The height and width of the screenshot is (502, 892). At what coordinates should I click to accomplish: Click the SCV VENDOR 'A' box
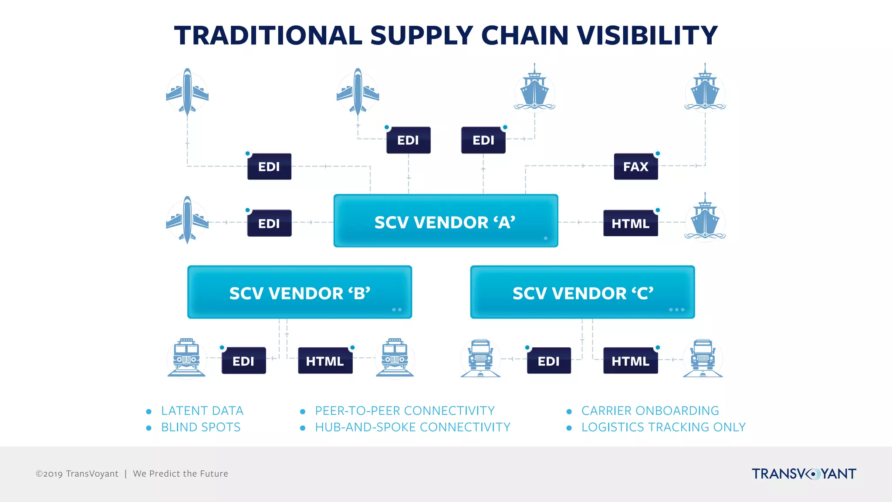[x=446, y=221]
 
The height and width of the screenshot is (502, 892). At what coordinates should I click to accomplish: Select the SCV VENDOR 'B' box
[x=300, y=292]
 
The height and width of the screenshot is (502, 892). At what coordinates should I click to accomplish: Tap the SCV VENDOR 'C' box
[x=582, y=292]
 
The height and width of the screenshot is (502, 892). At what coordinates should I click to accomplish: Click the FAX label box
[x=635, y=166]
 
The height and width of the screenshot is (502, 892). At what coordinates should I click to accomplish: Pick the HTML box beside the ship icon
[x=630, y=223]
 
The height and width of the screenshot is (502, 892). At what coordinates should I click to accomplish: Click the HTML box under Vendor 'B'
[x=325, y=361]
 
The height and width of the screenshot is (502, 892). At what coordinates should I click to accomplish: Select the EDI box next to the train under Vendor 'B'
[x=243, y=361]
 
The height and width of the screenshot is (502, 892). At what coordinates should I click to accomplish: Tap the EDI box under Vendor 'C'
[x=549, y=361]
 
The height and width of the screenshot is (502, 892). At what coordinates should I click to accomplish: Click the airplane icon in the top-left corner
[x=187, y=92]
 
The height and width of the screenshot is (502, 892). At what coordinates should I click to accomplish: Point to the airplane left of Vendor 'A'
[x=187, y=220]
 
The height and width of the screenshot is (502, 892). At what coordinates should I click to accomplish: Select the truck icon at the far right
[x=703, y=358]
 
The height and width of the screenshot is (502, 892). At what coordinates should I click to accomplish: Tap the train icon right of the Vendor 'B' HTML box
[x=395, y=357]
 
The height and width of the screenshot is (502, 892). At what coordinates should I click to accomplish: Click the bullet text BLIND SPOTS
[x=201, y=427]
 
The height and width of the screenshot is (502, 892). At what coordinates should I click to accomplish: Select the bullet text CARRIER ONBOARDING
[x=650, y=411]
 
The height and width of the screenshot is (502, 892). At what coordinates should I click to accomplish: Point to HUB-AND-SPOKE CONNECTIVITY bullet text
[x=412, y=427]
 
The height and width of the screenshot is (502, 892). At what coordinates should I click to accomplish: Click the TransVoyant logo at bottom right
[x=804, y=474]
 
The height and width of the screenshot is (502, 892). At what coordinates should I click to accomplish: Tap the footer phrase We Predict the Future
[x=180, y=474]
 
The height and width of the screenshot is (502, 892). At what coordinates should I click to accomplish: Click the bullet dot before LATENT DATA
[x=149, y=411]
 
